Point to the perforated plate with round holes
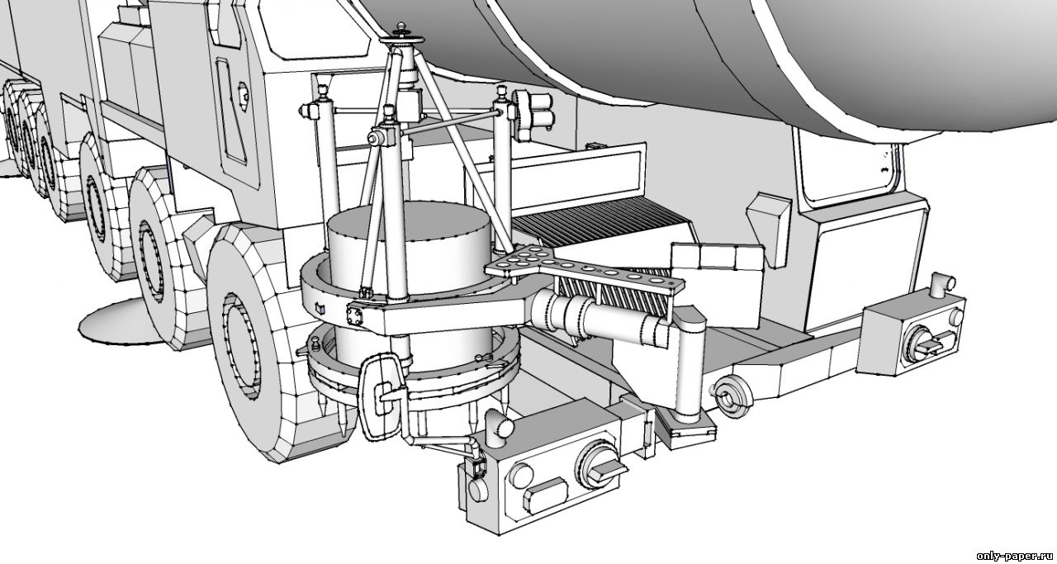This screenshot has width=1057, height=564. pyautogui.click(x=584, y=272)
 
